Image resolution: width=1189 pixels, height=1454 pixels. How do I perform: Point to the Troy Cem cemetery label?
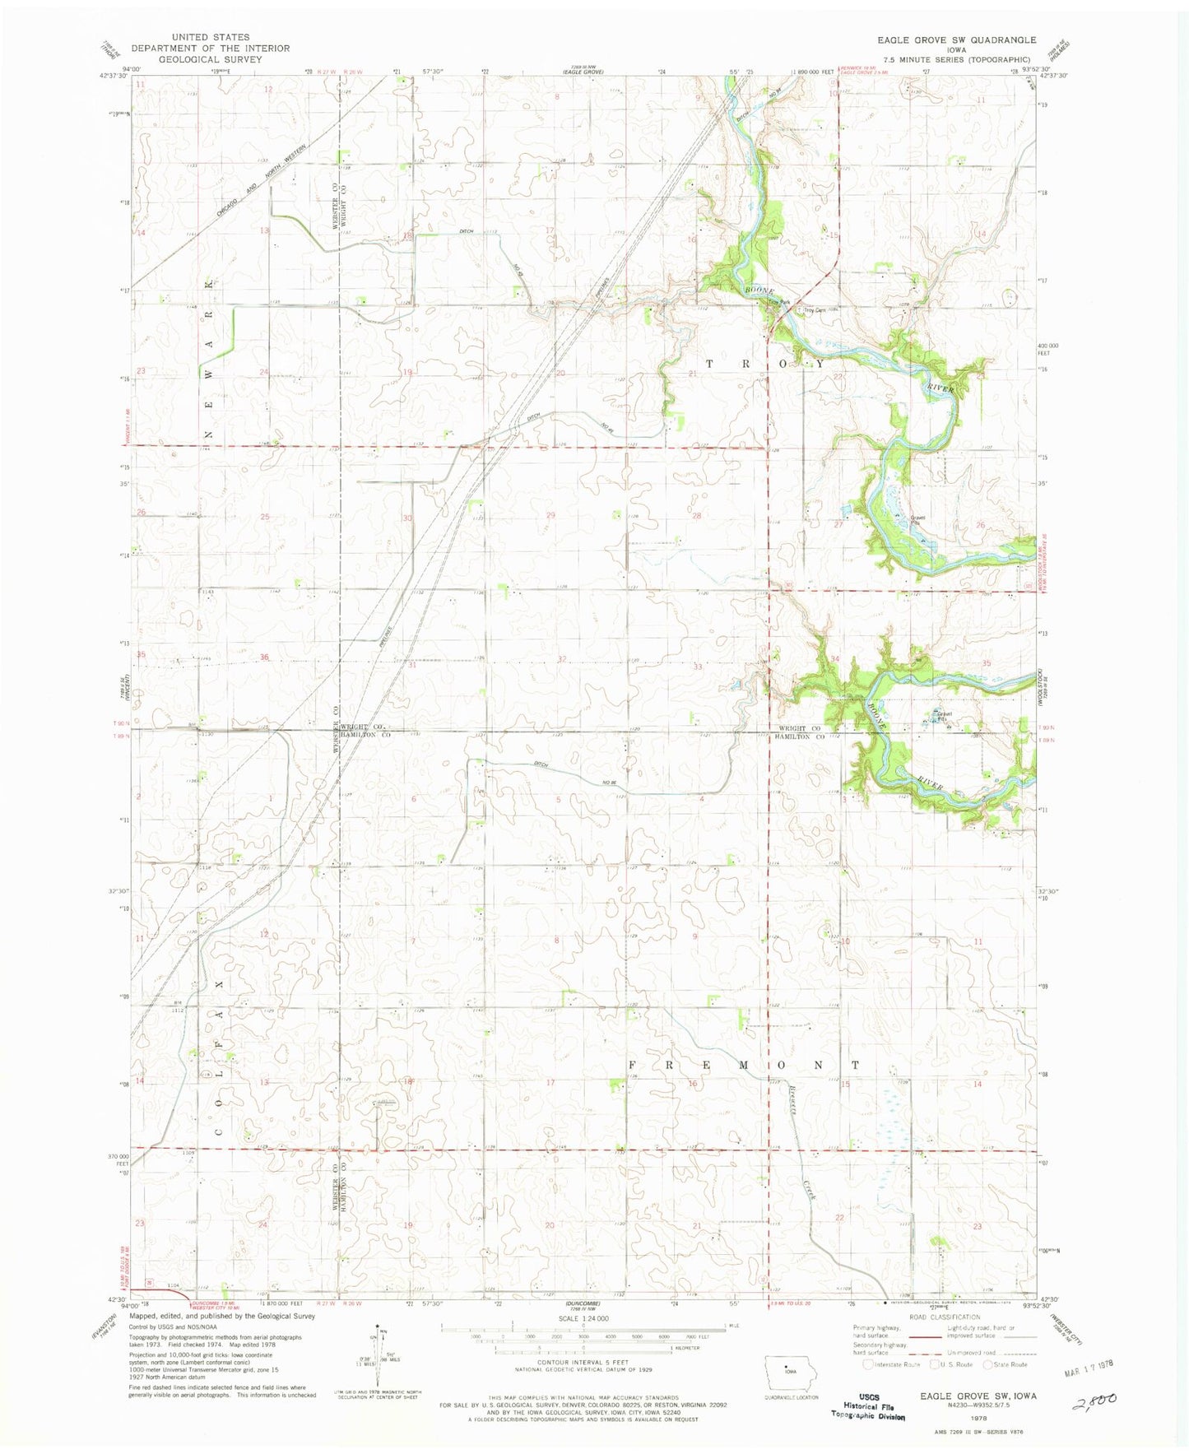814,310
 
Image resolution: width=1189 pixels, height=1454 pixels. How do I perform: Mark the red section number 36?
264,657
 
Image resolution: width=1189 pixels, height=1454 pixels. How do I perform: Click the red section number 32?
561,658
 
